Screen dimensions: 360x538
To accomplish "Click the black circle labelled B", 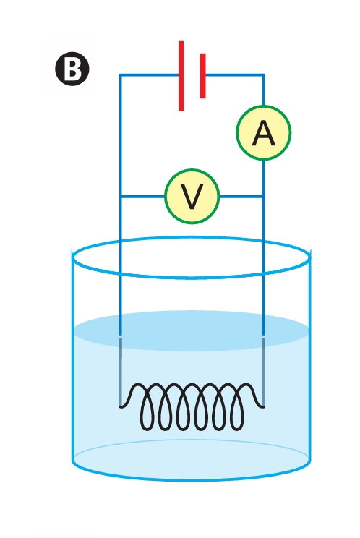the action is click(72, 69).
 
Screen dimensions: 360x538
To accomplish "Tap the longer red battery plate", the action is click(181, 76).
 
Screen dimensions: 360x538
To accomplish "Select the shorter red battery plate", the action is click(202, 76).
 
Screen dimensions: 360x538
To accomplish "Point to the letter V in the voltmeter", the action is click(192, 196).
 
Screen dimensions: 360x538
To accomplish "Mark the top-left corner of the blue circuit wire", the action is click(120, 74).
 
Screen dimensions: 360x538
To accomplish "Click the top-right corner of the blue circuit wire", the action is click(263, 74).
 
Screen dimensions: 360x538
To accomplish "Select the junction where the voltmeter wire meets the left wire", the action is click(120, 197).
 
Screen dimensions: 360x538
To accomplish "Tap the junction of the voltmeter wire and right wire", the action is click(263, 197).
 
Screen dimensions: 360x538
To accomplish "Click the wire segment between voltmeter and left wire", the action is click(142, 197).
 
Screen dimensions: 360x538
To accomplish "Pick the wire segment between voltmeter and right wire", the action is click(241, 197).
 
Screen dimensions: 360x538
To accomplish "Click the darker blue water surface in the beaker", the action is click(192, 330).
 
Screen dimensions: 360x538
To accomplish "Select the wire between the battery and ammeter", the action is click(263, 90).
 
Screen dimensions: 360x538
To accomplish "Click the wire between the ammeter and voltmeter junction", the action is click(263, 178).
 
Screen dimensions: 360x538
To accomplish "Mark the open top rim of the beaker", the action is click(192, 236).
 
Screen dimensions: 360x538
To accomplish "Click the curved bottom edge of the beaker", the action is click(192, 480).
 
